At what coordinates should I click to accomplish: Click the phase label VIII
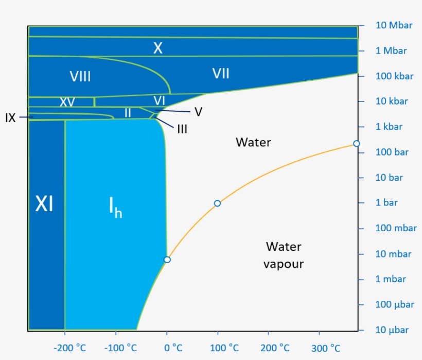click(x=80, y=77)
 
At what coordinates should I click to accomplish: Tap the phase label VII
click(x=221, y=74)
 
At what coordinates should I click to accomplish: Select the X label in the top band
click(x=158, y=48)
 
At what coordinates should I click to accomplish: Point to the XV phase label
click(x=67, y=102)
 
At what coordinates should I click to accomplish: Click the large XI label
click(x=44, y=204)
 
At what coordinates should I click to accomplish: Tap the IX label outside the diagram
click(x=10, y=118)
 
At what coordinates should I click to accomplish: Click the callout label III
click(x=182, y=129)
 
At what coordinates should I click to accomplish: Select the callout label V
click(x=198, y=112)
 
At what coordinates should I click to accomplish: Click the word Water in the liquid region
click(x=253, y=142)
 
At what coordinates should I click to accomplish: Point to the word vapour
click(x=284, y=264)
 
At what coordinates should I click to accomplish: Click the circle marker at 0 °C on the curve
click(x=167, y=260)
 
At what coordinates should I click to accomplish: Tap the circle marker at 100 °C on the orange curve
click(x=217, y=203)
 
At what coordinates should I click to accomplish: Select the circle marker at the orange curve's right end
click(x=356, y=144)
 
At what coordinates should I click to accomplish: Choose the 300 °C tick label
click(x=326, y=348)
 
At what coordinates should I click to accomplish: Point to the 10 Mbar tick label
click(x=394, y=25)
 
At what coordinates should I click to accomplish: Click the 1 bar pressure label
click(x=386, y=203)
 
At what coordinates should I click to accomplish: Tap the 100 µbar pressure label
click(x=395, y=304)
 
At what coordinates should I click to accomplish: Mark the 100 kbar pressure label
click(x=394, y=76)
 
